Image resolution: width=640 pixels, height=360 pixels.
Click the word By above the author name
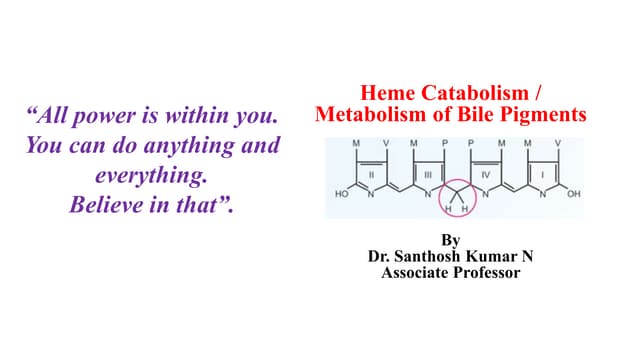pos(451,240)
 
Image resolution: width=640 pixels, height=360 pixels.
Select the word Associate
pos(415,272)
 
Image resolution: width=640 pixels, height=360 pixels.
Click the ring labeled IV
pos(485,172)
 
